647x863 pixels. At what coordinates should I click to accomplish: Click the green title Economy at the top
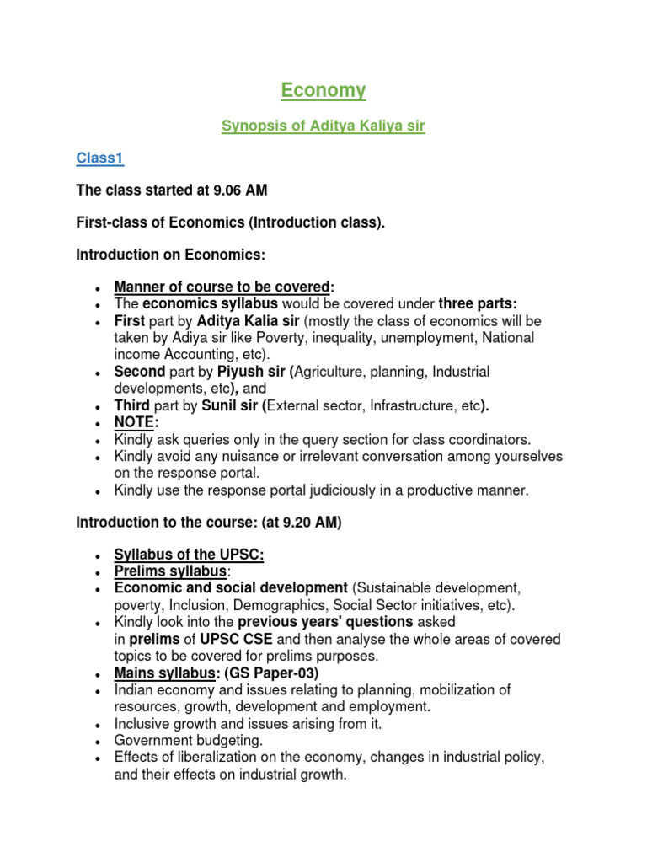(x=323, y=90)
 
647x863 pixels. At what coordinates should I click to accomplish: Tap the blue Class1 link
(x=99, y=158)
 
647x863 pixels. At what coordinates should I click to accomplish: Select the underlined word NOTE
(x=134, y=422)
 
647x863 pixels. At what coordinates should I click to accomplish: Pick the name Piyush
(x=241, y=372)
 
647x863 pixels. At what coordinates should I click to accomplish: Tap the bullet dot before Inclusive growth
(x=99, y=724)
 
